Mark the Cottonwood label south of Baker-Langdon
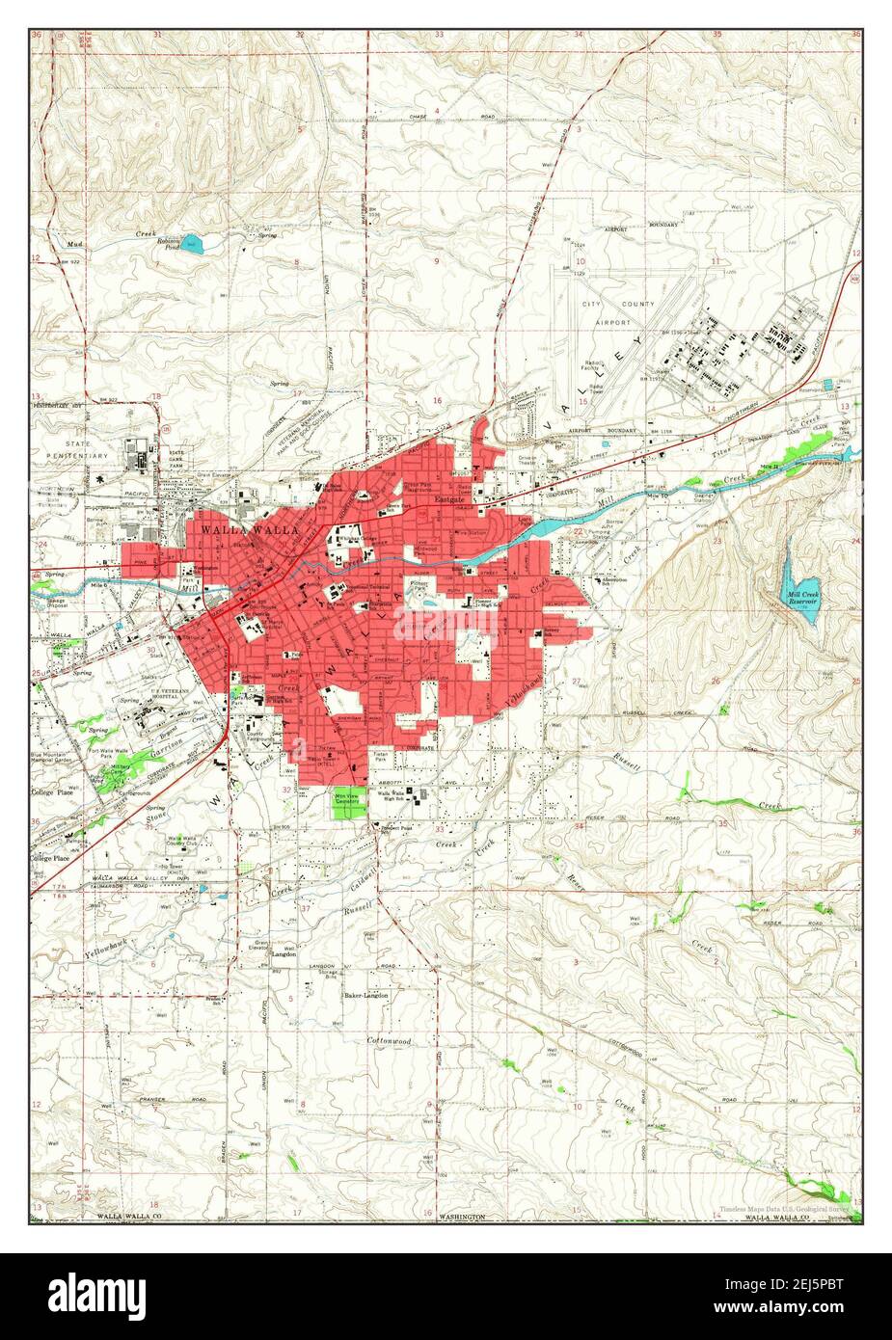coord(389,1041)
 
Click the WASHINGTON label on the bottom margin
coord(462,1218)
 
